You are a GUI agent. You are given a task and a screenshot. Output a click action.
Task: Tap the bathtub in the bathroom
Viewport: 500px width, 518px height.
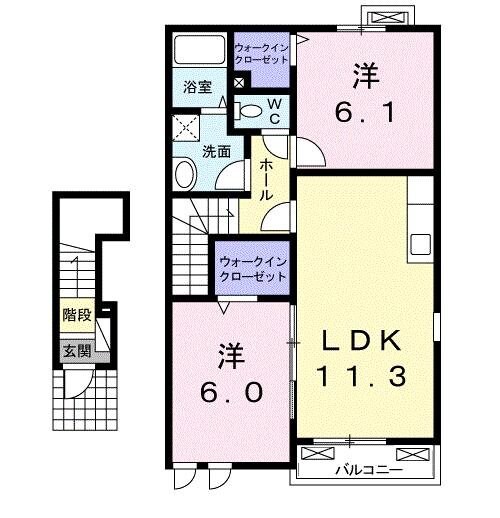(200, 51)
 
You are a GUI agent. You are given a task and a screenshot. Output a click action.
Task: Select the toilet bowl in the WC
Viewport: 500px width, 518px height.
(251, 110)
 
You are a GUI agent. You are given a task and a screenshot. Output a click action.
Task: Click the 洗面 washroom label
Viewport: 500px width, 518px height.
(217, 152)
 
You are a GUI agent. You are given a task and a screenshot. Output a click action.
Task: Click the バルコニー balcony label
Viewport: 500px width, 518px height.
(367, 468)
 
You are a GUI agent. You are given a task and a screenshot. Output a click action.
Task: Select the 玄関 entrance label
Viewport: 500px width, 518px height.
(76, 351)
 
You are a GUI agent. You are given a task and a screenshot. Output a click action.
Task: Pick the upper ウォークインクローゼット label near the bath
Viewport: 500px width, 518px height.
(261, 54)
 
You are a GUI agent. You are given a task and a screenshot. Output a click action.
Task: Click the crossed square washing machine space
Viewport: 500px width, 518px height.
(186, 127)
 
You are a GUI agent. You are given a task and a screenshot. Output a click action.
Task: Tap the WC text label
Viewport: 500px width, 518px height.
(272, 110)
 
